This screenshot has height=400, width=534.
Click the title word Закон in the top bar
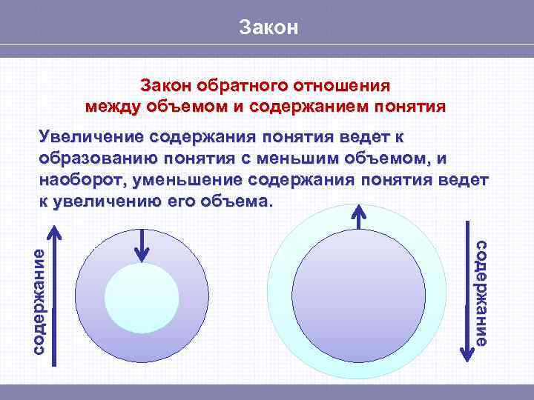point(268,28)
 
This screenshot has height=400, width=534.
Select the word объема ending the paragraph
point(241,201)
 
